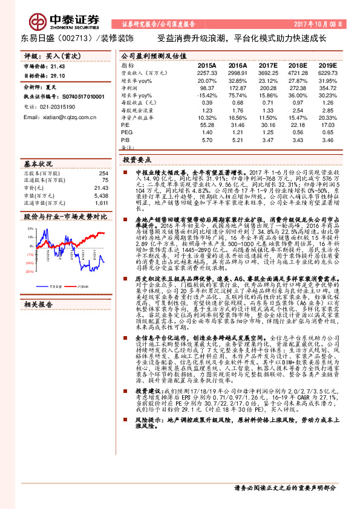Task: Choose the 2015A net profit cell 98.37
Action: pos(207,88)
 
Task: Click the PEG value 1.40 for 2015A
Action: pos(207,131)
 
